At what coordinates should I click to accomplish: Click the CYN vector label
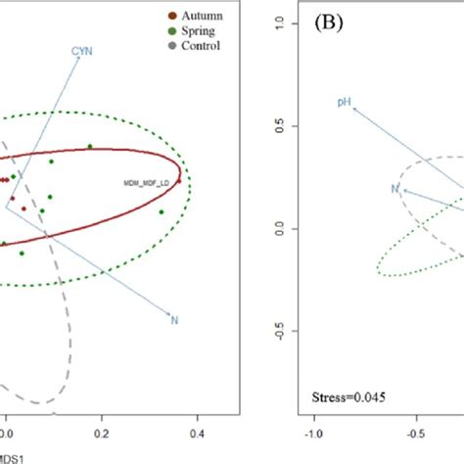pos(81,50)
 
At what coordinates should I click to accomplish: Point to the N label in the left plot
pos(175,319)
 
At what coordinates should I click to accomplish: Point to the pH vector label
pos(344,102)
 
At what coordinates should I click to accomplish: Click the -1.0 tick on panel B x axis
pos(315,428)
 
